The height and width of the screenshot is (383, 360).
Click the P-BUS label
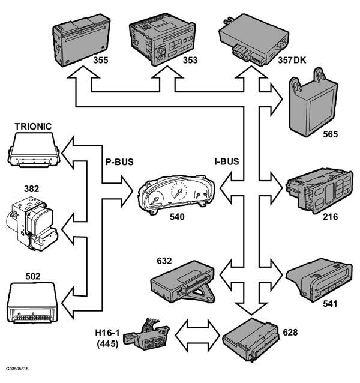(119, 162)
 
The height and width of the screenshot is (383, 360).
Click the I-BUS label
(227, 161)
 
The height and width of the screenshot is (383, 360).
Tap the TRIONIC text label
(33, 126)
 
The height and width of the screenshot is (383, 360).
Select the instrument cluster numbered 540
(176, 195)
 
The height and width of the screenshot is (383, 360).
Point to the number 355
(101, 60)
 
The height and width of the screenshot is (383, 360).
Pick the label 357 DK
(292, 60)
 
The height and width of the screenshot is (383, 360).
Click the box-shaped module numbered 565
(313, 103)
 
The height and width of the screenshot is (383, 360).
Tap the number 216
(330, 217)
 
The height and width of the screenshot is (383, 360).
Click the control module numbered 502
(33, 303)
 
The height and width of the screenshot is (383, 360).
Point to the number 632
(164, 261)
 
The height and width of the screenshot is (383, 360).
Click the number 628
(290, 332)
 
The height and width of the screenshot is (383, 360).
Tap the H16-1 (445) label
(107, 338)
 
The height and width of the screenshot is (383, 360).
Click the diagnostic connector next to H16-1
(146, 334)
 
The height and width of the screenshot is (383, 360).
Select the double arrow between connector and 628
(197, 335)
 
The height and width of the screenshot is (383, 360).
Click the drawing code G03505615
(17, 369)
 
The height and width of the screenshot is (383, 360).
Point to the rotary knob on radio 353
(161, 51)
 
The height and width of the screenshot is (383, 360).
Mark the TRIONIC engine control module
(34, 149)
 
